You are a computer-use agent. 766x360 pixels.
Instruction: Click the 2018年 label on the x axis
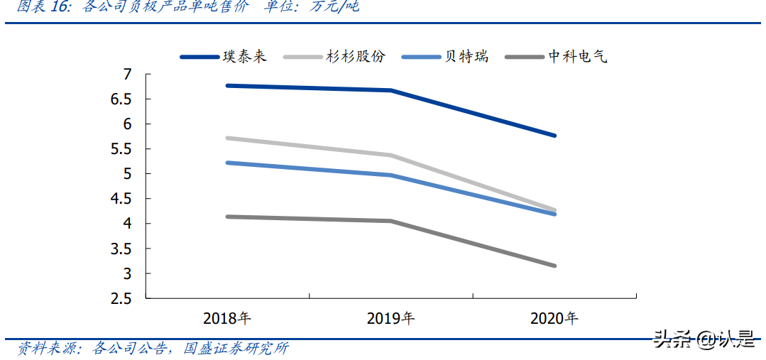(x=226, y=319)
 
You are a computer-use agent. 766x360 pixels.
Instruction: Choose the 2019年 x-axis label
(x=390, y=319)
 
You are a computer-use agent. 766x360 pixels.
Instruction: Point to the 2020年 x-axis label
(x=554, y=319)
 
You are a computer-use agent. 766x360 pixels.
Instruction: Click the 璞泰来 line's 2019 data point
(x=390, y=90)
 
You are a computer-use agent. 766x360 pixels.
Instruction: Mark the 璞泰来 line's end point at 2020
(x=554, y=135)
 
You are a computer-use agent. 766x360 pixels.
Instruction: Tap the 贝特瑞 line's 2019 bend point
(x=390, y=175)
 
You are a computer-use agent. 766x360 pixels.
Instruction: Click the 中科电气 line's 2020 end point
(x=554, y=266)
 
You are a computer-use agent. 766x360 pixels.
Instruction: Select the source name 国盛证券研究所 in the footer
(x=236, y=349)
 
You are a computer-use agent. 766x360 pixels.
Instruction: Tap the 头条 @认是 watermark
(x=704, y=339)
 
